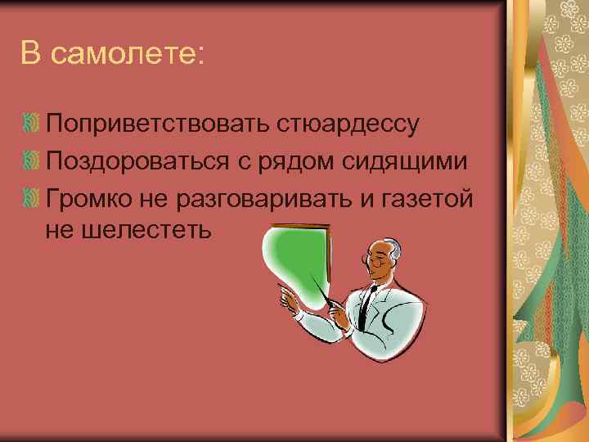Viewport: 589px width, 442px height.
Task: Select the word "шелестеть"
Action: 147,232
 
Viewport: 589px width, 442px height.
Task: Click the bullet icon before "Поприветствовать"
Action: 31,125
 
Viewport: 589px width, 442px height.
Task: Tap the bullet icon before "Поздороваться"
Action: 31,161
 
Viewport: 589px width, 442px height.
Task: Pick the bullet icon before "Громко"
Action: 31,197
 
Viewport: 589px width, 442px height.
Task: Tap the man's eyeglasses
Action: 378,261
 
